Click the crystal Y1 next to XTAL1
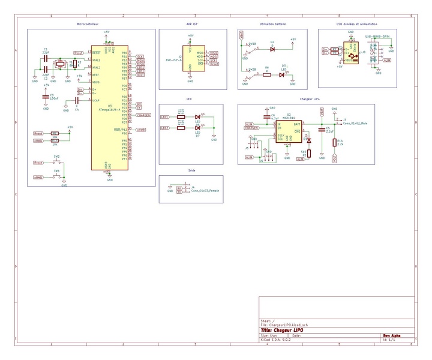coord(61,65)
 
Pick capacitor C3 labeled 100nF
coord(46,97)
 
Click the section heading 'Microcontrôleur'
coord(90,25)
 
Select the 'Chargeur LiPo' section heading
coord(310,98)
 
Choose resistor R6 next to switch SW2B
coord(266,74)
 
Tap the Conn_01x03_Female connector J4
coord(187,190)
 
